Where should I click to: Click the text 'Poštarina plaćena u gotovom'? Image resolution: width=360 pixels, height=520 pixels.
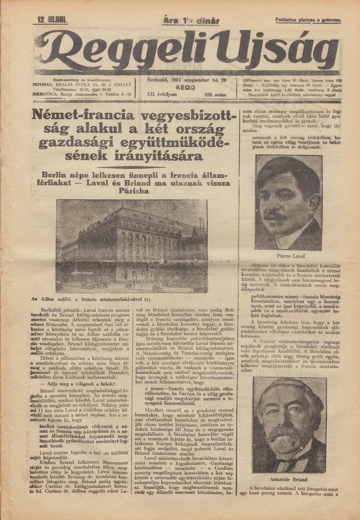pos(308,20)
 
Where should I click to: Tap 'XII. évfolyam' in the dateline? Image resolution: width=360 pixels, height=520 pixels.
pos(161,95)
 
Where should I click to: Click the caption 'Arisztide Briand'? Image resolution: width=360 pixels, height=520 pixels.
pos(289,480)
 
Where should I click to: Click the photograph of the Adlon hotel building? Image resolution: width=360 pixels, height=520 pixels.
pos(131,245)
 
